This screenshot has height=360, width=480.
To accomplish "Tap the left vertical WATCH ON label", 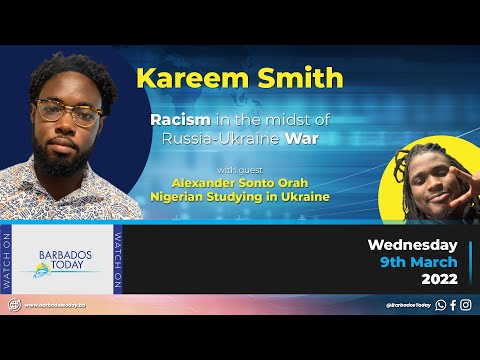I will (9, 258).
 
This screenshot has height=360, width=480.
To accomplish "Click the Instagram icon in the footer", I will (466, 305).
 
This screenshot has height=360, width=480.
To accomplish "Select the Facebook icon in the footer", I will (453, 305).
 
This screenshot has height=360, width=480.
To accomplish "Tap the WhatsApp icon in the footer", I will (441, 305).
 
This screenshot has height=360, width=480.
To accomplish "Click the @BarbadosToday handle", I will (409, 305).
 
